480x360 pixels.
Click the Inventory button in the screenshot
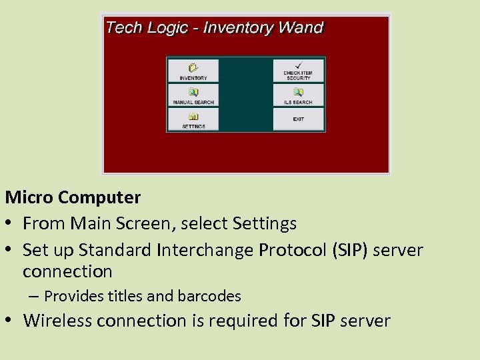193,71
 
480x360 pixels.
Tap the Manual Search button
193,95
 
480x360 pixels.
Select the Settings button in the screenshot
193,119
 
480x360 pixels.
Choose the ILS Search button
298,95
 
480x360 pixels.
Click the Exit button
298,119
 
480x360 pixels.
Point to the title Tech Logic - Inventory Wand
214,28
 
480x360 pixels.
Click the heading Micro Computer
73,197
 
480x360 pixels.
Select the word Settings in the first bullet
265,223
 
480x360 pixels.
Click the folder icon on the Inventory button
193,67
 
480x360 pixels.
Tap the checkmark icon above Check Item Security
298,65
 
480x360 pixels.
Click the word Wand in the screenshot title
301,28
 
